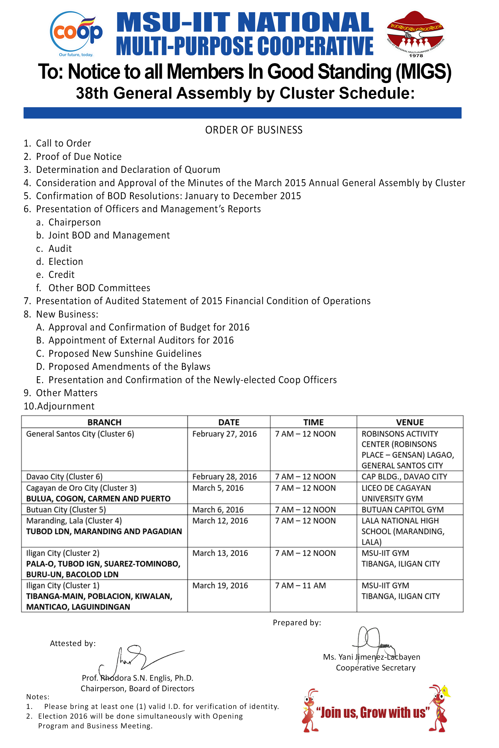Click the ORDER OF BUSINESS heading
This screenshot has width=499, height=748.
254,130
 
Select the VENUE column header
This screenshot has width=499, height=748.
409,422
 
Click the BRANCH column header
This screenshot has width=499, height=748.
105,422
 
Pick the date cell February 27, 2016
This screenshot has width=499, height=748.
224,434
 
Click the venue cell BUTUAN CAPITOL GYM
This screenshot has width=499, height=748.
402,509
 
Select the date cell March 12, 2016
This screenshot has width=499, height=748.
220,521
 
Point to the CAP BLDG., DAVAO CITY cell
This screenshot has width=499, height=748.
404,477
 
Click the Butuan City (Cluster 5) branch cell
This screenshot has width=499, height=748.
66,509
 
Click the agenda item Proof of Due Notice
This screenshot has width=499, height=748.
79,157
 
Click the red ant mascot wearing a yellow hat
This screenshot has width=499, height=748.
439,708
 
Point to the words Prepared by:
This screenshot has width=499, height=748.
297,623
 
